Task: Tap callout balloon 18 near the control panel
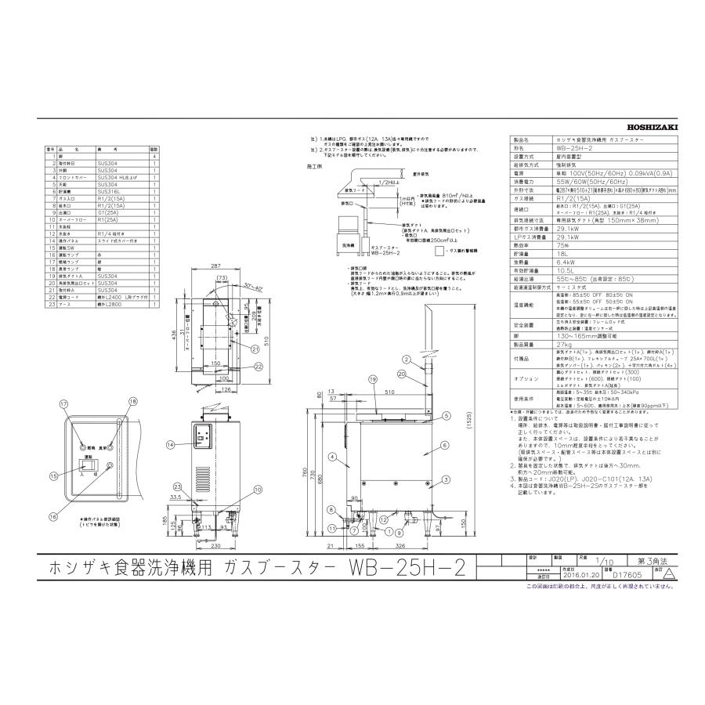[133, 401]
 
